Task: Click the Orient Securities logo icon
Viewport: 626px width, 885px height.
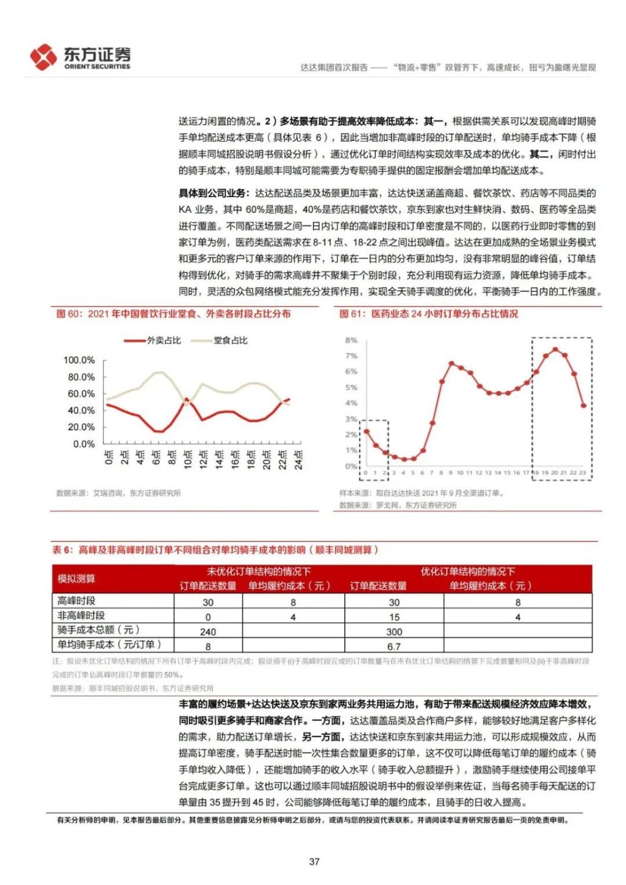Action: (x=43, y=57)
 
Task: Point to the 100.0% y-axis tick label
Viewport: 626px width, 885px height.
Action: (x=79, y=361)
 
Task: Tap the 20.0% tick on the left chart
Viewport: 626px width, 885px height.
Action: (x=81, y=427)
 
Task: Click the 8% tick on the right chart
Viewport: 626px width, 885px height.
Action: (x=351, y=340)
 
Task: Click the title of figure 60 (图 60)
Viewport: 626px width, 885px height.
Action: (x=173, y=314)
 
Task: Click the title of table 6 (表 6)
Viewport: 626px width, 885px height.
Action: (x=215, y=550)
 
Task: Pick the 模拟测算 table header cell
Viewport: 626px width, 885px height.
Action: (x=76, y=578)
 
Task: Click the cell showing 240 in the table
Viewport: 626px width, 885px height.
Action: (x=208, y=632)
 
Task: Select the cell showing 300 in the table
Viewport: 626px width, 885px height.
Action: (x=394, y=632)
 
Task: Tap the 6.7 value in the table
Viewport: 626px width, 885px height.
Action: (x=394, y=646)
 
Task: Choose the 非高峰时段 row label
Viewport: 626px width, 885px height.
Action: (x=81, y=616)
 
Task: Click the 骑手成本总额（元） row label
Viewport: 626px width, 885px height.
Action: (x=98, y=630)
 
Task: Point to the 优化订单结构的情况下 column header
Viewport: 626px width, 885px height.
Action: (x=468, y=571)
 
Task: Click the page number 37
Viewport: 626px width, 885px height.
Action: (x=314, y=861)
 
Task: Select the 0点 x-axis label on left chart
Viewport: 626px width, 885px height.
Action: (x=109, y=458)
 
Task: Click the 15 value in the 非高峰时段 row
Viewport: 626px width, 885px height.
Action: (x=394, y=617)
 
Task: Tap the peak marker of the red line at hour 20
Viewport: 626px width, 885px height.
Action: (x=555, y=349)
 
